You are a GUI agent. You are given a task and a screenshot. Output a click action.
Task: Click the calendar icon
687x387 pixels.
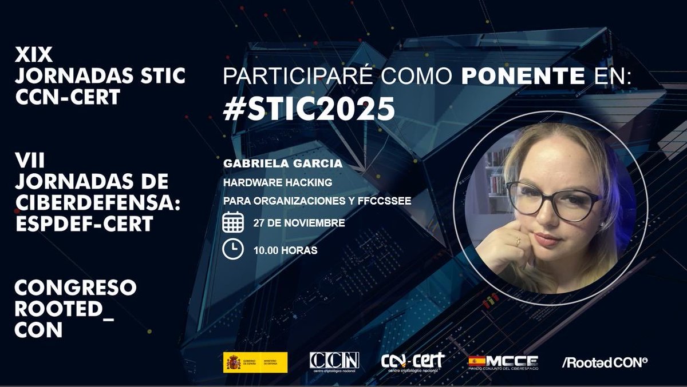[x=233, y=223]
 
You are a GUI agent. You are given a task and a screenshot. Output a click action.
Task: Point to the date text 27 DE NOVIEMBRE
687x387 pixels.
[x=299, y=223]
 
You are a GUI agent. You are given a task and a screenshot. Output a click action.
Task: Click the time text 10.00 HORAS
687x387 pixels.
[x=285, y=250]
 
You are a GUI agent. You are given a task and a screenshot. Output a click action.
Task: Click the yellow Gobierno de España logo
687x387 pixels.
[x=255, y=362]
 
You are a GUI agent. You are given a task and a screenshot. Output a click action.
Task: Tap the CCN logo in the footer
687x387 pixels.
[x=334, y=361]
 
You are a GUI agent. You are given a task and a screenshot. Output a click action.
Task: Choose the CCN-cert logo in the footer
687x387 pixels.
[x=413, y=361]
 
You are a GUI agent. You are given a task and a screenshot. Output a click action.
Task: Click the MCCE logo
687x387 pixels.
[x=503, y=362]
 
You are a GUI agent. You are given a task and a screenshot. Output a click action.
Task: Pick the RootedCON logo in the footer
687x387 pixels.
[x=606, y=362]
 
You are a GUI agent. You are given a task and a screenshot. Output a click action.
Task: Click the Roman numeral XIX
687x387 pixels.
[x=34, y=55]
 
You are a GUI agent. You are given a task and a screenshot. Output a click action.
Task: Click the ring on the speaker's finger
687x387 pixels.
[x=518, y=242]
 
